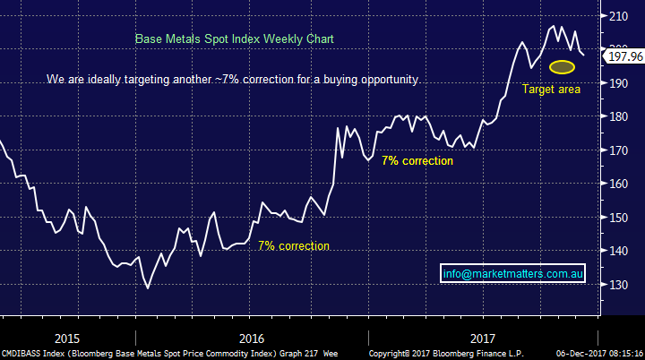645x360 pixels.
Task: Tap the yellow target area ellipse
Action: click(x=562, y=67)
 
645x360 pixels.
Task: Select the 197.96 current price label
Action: click(x=626, y=56)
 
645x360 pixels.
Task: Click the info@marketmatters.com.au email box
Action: click(x=513, y=274)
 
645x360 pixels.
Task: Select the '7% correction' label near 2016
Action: click(x=294, y=245)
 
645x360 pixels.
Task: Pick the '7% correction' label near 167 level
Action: click(x=417, y=160)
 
